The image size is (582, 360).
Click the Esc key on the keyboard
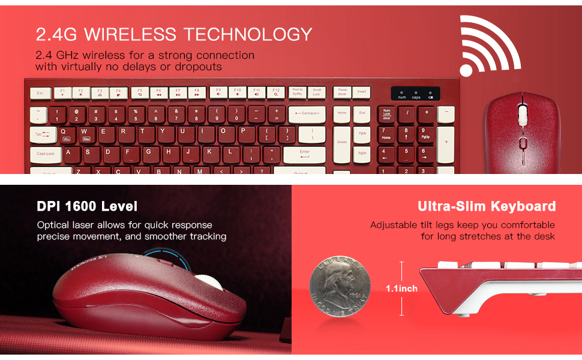[x=40, y=93]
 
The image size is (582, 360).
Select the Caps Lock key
[x=45, y=154]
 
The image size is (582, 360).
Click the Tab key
[x=41, y=134]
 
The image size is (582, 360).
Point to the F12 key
[x=275, y=92]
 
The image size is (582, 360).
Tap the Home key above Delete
[x=342, y=113]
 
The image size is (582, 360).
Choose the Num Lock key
[x=386, y=113]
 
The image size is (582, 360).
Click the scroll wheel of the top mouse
[x=521, y=114]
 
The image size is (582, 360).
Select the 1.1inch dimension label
[x=401, y=289]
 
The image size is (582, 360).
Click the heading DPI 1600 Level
[x=87, y=206]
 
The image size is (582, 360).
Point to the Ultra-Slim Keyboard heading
[x=487, y=206]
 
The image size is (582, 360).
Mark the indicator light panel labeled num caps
[x=415, y=94]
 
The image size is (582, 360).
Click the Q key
[x=64, y=131]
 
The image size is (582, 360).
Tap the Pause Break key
[x=342, y=92]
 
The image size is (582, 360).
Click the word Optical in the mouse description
[x=55, y=225]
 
